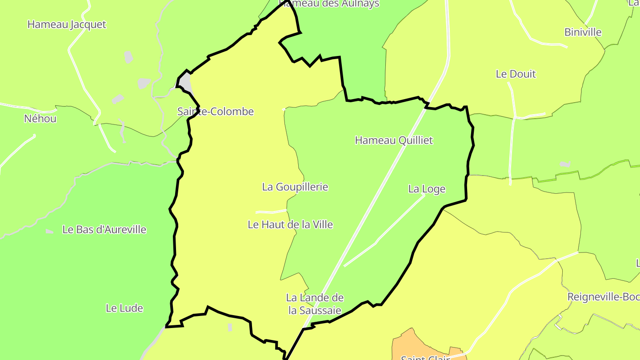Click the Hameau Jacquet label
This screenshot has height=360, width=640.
click(67, 24)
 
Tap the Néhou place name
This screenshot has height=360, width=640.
click(40, 119)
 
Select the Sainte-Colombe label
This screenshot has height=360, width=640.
click(216, 112)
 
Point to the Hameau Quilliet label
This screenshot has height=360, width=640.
click(394, 140)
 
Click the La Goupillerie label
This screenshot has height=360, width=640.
click(295, 187)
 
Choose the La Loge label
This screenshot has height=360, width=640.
click(427, 189)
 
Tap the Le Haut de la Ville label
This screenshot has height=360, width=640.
click(290, 225)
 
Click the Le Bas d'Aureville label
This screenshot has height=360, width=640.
click(104, 230)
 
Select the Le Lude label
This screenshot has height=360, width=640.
click(124, 308)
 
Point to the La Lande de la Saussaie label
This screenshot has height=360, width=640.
click(315, 304)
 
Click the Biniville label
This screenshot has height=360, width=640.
click(583, 32)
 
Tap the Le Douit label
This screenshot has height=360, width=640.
click(516, 74)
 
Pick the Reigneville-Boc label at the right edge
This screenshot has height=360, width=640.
click(604, 297)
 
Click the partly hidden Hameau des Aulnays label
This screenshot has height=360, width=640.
click(329, 4)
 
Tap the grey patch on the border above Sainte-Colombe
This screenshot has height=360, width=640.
click(185, 82)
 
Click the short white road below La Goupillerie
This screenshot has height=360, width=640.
click(271, 211)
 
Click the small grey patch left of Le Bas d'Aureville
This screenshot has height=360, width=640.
click(49, 232)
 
